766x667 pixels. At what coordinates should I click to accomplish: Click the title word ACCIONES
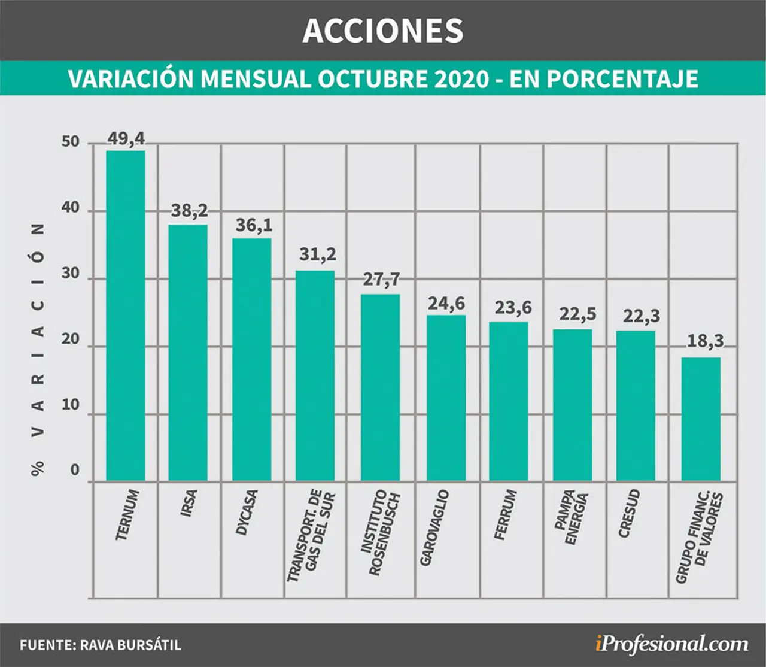click(x=383, y=31)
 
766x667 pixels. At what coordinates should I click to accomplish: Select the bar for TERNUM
click(x=126, y=316)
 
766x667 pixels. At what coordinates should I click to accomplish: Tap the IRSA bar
click(x=188, y=353)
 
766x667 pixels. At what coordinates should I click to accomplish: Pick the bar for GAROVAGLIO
click(x=446, y=398)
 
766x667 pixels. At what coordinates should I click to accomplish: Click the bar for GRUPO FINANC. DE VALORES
click(x=701, y=420)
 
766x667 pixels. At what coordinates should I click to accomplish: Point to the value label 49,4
click(x=126, y=138)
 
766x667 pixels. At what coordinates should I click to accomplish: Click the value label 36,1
click(x=254, y=225)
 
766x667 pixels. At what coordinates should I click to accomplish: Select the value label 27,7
click(x=381, y=280)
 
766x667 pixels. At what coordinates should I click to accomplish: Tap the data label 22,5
click(x=577, y=314)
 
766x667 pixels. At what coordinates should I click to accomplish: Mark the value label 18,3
click(x=706, y=341)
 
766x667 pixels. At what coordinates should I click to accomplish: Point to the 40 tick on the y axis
click(x=71, y=208)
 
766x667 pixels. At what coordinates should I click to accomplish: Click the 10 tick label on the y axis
click(x=71, y=405)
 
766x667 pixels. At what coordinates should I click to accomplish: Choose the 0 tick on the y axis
click(x=75, y=470)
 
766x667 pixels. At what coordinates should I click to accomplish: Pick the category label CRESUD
click(x=629, y=514)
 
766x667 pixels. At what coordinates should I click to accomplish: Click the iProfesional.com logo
click(x=671, y=644)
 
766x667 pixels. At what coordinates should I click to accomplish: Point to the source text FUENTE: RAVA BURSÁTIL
click(x=101, y=645)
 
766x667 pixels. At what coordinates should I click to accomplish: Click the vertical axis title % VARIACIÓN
click(x=38, y=350)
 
